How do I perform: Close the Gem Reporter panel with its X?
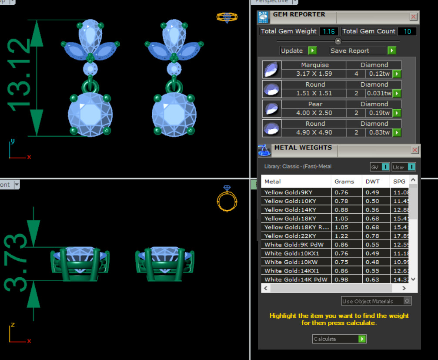[414, 17]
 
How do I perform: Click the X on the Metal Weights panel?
[415, 150]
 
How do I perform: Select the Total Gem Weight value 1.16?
[329, 31]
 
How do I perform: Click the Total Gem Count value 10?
[407, 31]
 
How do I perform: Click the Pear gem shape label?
[315, 104]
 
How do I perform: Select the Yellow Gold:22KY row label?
[290, 236]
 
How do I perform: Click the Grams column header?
[344, 182]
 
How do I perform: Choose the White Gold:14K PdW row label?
[296, 279]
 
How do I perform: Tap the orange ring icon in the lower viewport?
[227, 199]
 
